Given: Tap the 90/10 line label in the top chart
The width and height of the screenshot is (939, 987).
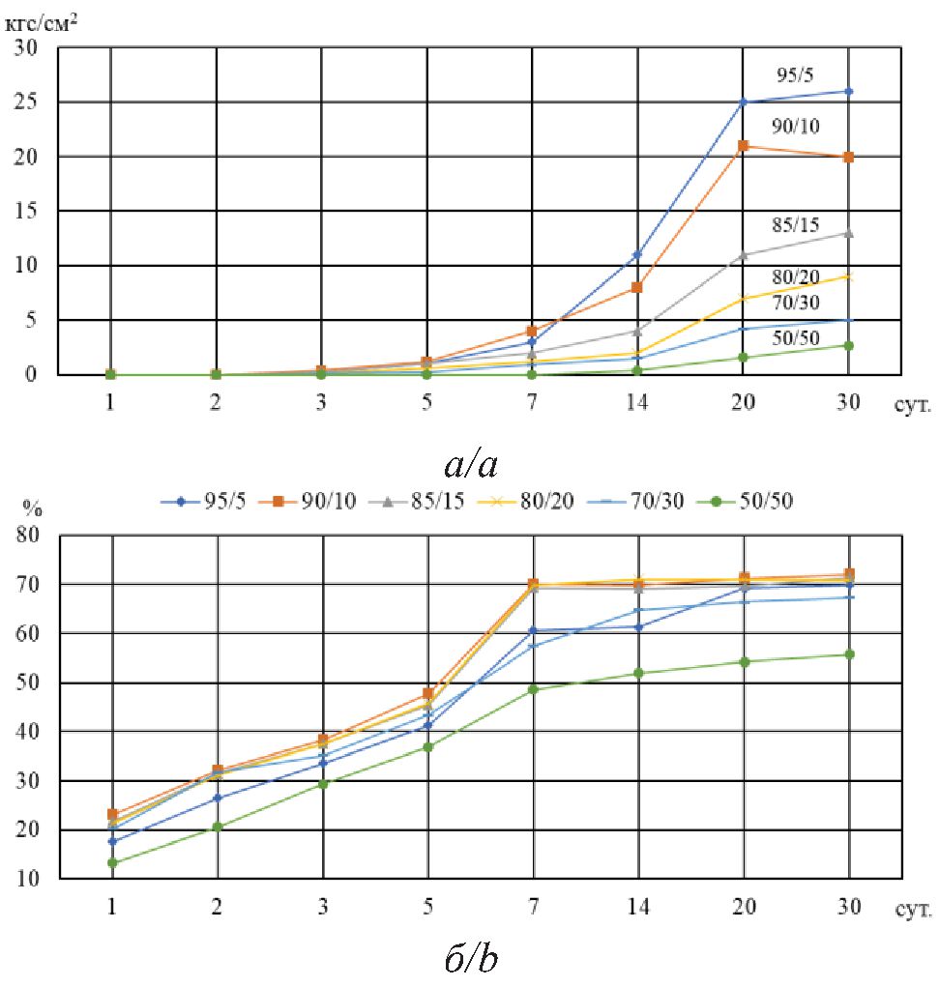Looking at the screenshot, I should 798,126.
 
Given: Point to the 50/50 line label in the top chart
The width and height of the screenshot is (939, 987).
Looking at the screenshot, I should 799,337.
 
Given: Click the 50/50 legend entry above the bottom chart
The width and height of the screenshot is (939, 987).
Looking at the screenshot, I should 761,503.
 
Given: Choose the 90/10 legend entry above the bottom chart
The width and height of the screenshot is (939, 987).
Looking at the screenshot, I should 319,503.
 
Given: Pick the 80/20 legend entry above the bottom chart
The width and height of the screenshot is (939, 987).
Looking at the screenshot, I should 541,503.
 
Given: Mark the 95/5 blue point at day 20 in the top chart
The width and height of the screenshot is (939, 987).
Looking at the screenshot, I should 744,102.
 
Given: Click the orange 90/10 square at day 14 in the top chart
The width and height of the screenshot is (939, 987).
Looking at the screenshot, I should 637,287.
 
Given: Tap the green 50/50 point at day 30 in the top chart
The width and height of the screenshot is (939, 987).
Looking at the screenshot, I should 849,345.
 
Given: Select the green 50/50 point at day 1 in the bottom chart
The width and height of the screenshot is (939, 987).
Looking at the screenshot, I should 112,862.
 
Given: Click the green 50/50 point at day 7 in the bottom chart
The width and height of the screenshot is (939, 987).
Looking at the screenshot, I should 533,689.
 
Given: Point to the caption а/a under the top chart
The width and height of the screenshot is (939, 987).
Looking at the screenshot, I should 471,464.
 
